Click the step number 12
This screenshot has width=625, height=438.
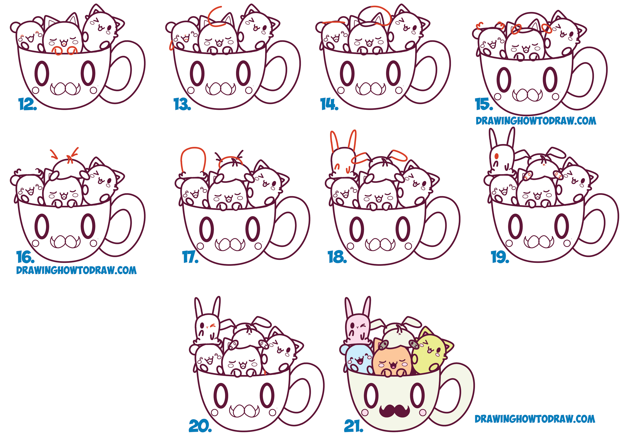click(x=27, y=104)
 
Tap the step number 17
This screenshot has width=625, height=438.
click(x=190, y=257)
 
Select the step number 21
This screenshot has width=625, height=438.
click(x=353, y=426)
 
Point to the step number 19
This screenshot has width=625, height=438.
click(x=500, y=257)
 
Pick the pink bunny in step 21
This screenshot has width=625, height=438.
click(x=357, y=327)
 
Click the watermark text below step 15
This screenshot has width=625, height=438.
click(x=536, y=121)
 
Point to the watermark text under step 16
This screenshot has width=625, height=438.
click(x=76, y=270)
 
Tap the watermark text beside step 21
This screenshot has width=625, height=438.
click(x=535, y=419)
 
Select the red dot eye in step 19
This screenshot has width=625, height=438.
click(x=496, y=157)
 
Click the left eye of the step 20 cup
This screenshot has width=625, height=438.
click(x=220, y=395)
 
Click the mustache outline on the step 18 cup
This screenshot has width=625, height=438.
click(x=380, y=244)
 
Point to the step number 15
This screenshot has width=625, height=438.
click(x=484, y=104)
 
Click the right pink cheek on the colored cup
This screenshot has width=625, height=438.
click(x=423, y=412)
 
